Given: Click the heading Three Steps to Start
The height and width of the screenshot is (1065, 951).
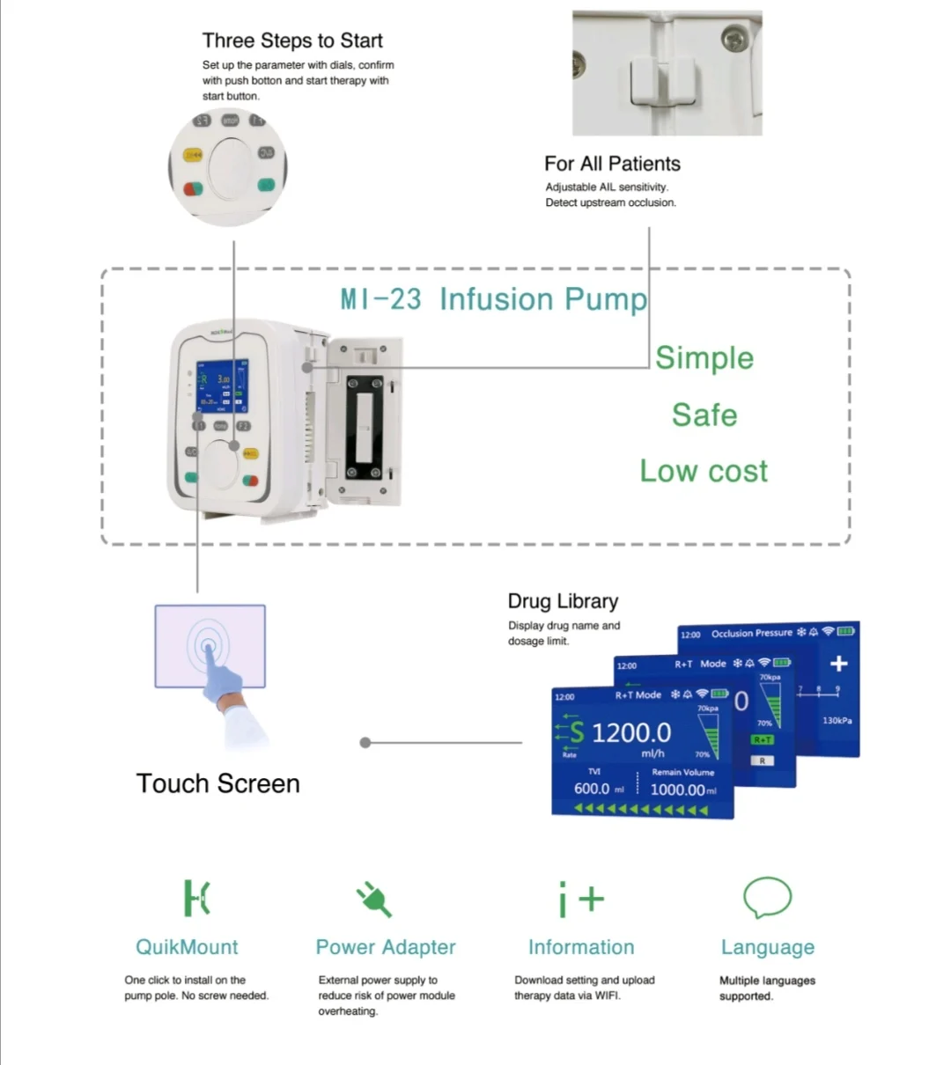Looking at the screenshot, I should [292, 40].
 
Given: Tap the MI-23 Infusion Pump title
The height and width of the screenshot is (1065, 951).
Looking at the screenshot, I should [493, 299].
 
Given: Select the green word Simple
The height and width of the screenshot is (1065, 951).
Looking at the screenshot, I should [704, 358].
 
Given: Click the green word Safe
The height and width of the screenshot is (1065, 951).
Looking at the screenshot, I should [704, 415].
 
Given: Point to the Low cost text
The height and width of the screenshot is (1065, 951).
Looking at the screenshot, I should [704, 471].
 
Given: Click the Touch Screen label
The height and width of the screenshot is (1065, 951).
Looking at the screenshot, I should [217, 783].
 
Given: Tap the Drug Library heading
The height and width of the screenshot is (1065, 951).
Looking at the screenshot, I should [563, 601].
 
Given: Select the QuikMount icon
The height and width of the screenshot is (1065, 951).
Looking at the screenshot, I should [196, 898].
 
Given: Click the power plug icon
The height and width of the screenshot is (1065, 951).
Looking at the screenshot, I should [374, 900].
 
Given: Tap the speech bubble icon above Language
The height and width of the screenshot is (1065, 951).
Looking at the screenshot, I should [767, 898].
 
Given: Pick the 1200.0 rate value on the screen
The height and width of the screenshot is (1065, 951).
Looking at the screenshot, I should [631, 732].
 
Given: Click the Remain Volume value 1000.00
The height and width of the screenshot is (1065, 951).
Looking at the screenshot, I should [678, 790].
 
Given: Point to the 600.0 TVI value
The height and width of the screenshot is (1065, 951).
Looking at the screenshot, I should [592, 789].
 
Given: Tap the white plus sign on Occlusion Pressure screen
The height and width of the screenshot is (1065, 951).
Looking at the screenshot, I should [838, 664].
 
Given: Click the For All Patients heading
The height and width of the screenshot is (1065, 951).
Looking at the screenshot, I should [612, 164].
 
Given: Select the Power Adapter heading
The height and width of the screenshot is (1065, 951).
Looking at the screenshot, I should [386, 947].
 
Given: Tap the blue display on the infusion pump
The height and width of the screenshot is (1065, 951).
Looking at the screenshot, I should [221, 386].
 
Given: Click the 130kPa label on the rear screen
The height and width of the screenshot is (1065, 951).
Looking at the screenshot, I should [837, 721].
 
